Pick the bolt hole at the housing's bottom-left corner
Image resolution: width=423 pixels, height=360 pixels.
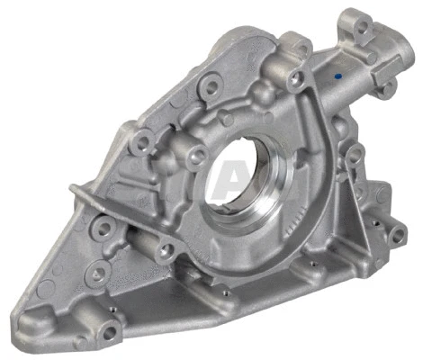coord(109,333)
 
